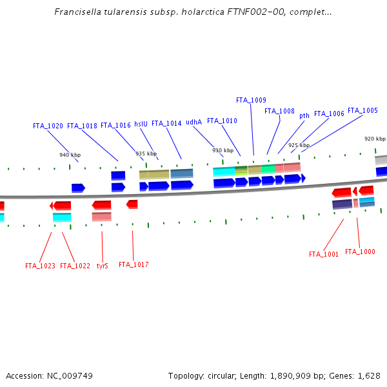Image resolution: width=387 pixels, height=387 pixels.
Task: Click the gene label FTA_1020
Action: coord(48,126)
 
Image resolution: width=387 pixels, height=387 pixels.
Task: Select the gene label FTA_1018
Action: coord(82,126)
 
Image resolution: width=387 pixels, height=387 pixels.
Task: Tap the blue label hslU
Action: coord(141,124)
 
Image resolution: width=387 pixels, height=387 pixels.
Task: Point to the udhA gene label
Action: coord(193,122)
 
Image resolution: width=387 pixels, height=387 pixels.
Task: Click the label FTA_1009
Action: coord(251,100)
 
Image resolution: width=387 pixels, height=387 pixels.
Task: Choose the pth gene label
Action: coord(304,115)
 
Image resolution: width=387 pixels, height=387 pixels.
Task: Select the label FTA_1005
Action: coord(362,110)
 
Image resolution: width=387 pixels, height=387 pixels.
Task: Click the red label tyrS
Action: coord(102,265)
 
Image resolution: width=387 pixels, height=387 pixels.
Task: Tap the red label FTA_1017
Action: coord(134,264)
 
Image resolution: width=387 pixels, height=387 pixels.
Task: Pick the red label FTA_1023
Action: coord(40,265)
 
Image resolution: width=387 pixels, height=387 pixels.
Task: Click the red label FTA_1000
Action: coord(360,252)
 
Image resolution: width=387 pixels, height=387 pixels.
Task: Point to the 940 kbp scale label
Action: coord(70,155)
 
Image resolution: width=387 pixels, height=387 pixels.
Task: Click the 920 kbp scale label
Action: coord(375,139)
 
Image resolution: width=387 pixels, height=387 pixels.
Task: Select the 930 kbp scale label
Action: coord(223,150)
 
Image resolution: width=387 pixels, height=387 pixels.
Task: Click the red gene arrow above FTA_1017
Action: coord(132,204)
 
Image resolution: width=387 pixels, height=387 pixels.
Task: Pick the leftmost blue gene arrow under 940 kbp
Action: coord(78,188)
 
